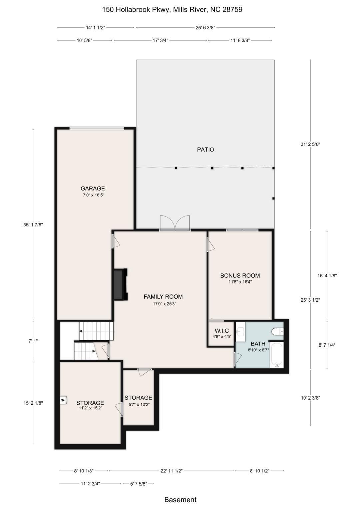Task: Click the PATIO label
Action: [x=205, y=150]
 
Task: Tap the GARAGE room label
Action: [x=93, y=189]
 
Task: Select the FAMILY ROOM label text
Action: [x=163, y=297]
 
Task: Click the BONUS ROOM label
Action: [x=240, y=276]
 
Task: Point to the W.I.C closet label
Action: [x=222, y=331]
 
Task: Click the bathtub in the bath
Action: [x=276, y=355]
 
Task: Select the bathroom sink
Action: [x=240, y=332]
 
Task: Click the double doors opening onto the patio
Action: [x=175, y=223]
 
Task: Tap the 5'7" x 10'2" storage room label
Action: [x=138, y=398]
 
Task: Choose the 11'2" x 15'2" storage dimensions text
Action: [x=90, y=408]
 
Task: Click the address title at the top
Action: [x=172, y=10]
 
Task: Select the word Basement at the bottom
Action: [x=180, y=500]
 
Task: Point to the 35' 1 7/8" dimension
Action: [x=33, y=225]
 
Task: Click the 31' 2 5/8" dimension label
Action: [x=310, y=144]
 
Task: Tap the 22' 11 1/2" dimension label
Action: [x=171, y=471]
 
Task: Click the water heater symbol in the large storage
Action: [x=64, y=400]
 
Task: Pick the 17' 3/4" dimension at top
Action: [x=160, y=40]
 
